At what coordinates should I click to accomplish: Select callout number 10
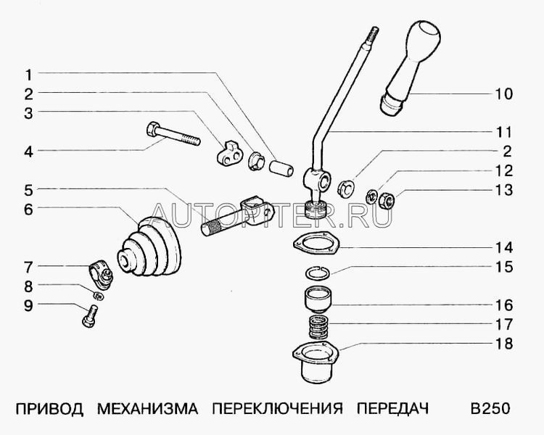pos(503,94)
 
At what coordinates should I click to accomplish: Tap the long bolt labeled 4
pos(175,136)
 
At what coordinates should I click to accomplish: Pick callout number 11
pos(503,133)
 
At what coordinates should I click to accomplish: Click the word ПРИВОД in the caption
pos(45,409)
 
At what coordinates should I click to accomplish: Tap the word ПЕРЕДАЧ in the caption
pos(392,409)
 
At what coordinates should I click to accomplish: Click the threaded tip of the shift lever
pos(375,32)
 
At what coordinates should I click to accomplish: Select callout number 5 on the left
pos(28,191)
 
